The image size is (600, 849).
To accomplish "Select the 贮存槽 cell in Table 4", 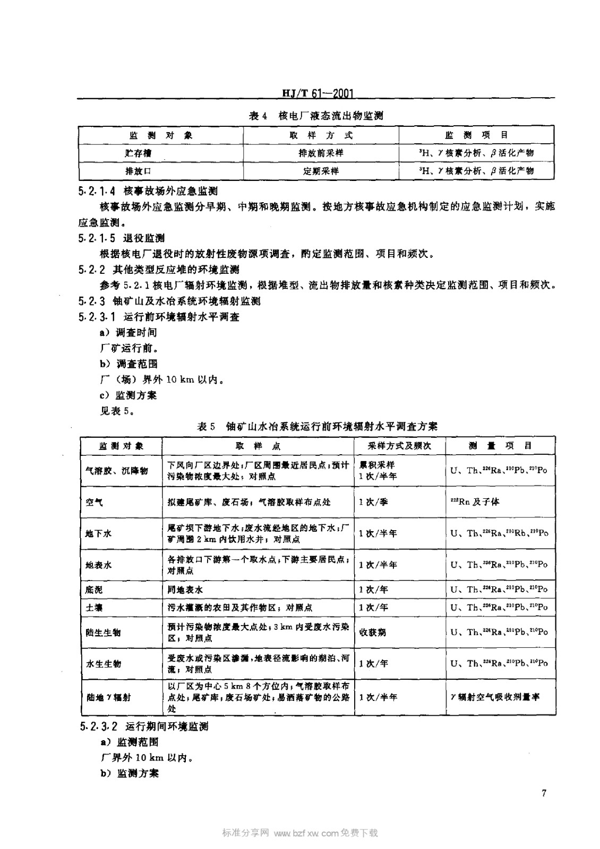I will point(138,153).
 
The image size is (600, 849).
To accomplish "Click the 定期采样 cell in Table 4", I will point(321,171).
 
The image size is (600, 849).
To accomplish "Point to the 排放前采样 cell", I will point(321,153).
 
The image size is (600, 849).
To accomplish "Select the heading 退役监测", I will point(143,238).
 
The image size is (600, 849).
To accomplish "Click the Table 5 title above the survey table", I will point(317,426).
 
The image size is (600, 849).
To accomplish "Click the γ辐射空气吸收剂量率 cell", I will point(495,697).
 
